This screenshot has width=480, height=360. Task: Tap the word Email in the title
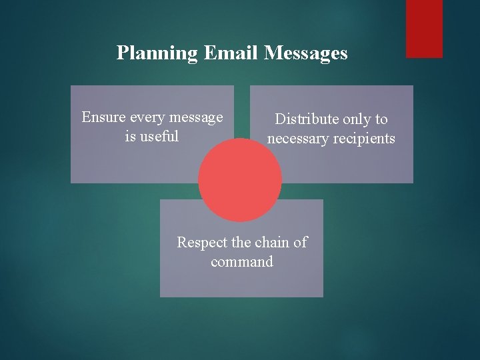[223, 53]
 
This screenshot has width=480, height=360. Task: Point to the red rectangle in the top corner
[425, 28]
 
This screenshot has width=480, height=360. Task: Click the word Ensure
[102, 118]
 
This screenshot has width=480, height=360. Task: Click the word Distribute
[307, 120]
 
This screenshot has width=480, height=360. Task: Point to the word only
[359, 120]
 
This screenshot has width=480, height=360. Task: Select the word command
[242, 262]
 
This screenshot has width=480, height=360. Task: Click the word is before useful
[131, 137]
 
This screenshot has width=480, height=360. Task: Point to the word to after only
[381, 120]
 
